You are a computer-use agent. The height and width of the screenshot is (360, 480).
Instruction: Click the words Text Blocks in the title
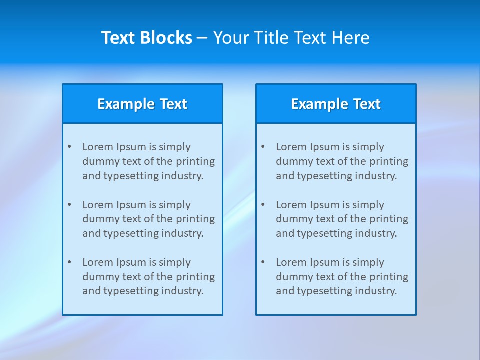(x=147, y=38)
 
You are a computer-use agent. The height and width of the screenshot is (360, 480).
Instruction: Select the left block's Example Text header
(x=142, y=104)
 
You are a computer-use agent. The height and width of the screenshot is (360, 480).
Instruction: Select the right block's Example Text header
(x=336, y=104)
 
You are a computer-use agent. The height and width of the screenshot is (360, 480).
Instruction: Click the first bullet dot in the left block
(x=69, y=147)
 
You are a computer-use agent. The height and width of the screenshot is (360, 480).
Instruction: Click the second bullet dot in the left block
(x=69, y=205)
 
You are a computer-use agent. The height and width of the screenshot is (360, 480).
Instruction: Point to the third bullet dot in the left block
(x=69, y=262)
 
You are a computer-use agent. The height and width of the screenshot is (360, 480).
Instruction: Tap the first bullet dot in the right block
(x=263, y=147)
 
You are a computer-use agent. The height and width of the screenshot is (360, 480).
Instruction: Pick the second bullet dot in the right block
(x=263, y=205)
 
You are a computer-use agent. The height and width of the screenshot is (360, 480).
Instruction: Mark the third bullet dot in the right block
(x=263, y=262)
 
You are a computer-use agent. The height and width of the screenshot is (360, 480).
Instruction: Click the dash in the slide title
(x=202, y=38)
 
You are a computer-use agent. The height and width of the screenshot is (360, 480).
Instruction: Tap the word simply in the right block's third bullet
(x=368, y=262)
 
